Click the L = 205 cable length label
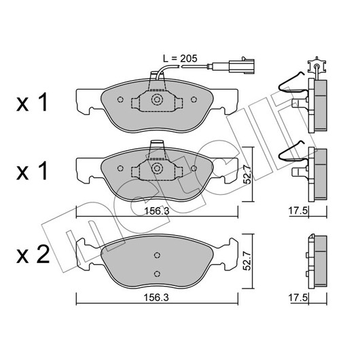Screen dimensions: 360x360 (180, 59)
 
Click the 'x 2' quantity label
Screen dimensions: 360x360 (33, 255)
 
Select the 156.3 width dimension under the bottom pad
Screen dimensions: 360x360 (156, 298)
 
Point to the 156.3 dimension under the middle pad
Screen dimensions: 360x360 (157, 211)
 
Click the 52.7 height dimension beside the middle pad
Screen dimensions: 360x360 (247, 174)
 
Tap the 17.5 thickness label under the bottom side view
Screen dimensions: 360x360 (298, 298)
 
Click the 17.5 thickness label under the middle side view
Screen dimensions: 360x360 (298, 211)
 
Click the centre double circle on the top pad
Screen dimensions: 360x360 (157, 99)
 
